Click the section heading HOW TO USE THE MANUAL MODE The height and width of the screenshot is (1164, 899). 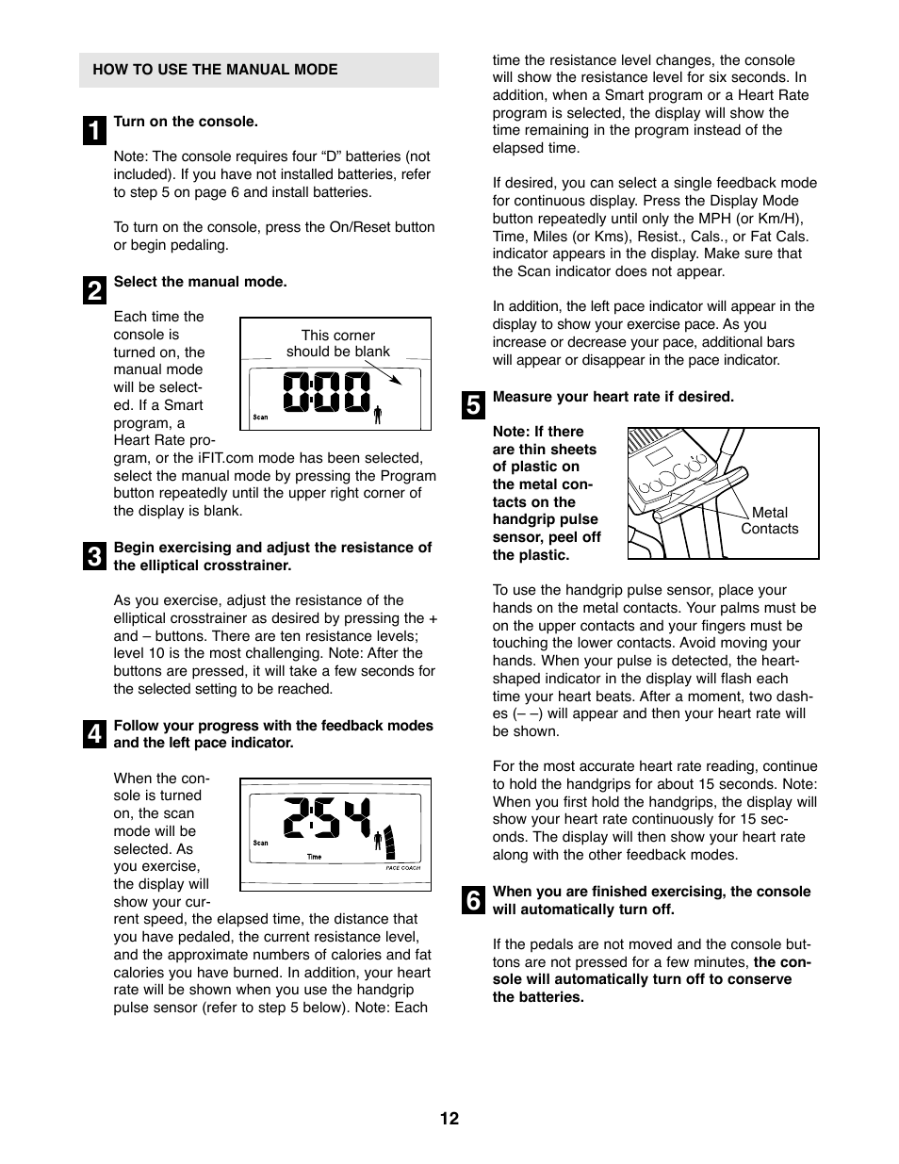pyautogui.click(x=215, y=70)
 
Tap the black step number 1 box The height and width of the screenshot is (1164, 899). pyautogui.click(x=94, y=130)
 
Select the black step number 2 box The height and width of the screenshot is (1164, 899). pyautogui.click(x=94, y=290)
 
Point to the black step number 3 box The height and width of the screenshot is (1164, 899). pyautogui.click(x=94, y=556)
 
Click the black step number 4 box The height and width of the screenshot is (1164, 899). pyautogui.click(x=94, y=734)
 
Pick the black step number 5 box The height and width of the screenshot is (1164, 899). pyautogui.click(x=473, y=405)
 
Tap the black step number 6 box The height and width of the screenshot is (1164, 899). pyautogui.click(x=473, y=900)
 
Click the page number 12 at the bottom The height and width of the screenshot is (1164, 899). pyautogui.click(x=449, y=1119)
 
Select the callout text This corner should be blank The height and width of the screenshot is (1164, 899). pyautogui.click(x=337, y=343)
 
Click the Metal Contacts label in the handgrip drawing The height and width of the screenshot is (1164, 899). pyautogui.click(x=769, y=520)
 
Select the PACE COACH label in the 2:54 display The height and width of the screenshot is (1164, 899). pyautogui.click(x=403, y=868)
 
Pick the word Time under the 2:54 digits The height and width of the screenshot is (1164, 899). pyautogui.click(x=314, y=857)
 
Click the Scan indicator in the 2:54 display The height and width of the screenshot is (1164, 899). pyautogui.click(x=260, y=843)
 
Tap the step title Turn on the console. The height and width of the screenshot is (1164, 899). pyautogui.click(x=186, y=122)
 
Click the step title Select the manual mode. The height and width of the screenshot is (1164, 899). pyautogui.click(x=200, y=282)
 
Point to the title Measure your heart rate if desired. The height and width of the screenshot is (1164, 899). pyautogui.click(x=613, y=397)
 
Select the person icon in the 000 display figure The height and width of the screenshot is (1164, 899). pyautogui.click(x=378, y=414)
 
